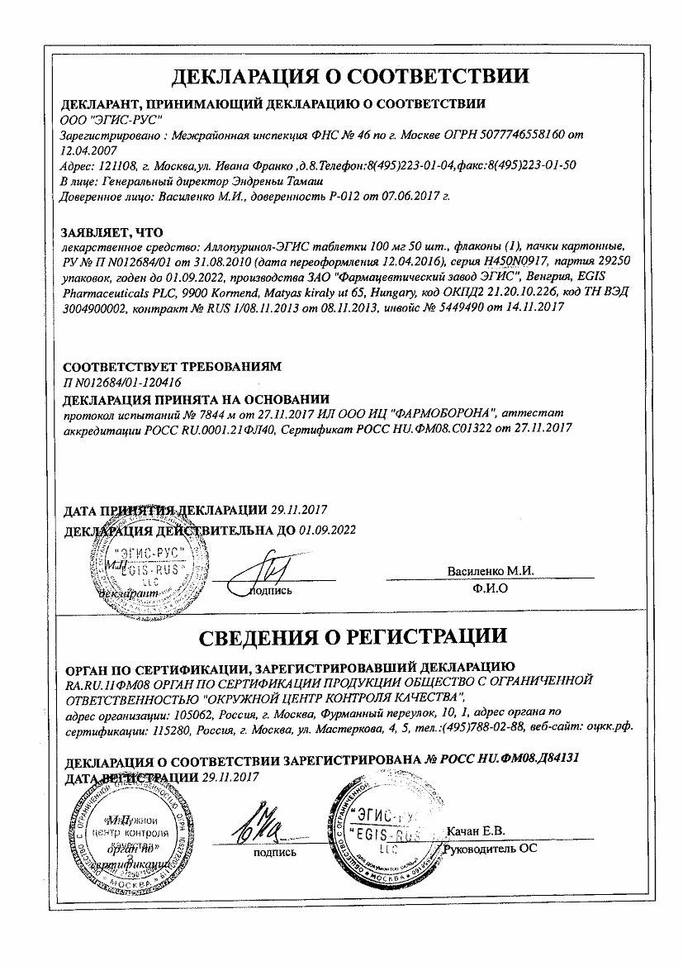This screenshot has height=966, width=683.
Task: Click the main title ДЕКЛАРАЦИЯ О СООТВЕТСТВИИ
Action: tap(350, 77)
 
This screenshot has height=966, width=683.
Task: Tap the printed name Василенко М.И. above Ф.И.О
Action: tap(491, 571)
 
